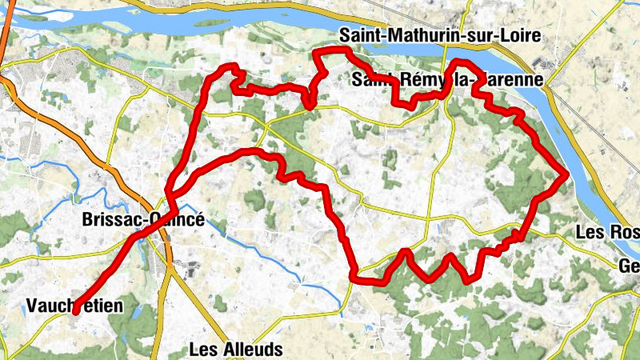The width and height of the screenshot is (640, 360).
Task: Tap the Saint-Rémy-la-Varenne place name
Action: click(447, 80)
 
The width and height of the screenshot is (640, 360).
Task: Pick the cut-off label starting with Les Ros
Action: click(607, 233)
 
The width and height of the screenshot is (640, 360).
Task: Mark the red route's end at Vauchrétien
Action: click(75, 312)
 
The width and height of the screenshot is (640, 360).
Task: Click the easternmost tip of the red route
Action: click(566, 173)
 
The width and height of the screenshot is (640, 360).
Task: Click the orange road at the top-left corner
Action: click(6, 24)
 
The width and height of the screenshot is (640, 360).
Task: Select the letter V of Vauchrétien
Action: click(31, 306)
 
